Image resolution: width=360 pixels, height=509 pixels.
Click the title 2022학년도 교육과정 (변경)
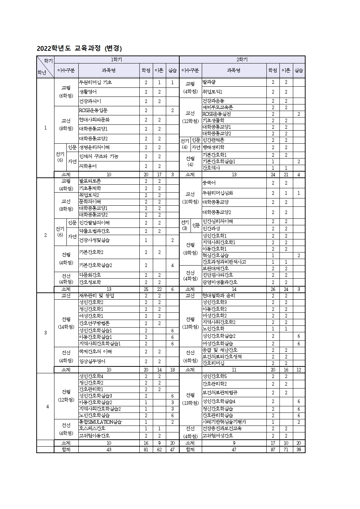(x=79, y=48)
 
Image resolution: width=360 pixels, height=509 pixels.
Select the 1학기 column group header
(x=116, y=59)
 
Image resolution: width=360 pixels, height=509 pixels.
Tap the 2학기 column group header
(x=242, y=59)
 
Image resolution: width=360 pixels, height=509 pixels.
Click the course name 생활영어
(x=88, y=92)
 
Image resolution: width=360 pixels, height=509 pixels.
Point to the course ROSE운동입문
(x=93, y=110)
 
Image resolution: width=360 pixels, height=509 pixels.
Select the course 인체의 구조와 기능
(x=99, y=156)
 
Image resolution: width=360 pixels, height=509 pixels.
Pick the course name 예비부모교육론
(x=218, y=107)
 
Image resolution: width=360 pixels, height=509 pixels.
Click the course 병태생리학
(x=213, y=147)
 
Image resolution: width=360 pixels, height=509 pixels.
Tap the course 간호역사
(x=211, y=168)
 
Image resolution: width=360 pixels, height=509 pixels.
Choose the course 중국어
(x=209, y=183)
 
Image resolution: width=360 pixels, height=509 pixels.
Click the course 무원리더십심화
(x=218, y=193)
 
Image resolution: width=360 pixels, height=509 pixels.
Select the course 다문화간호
(x=90, y=275)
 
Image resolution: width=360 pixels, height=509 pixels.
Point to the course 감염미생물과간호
(x=220, y=282)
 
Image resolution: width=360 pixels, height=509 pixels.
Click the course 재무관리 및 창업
(x=97, y=296)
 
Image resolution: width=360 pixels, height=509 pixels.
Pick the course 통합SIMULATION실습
(x=101, y=422)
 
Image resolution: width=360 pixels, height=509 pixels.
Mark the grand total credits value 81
(x=146, y=450)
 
